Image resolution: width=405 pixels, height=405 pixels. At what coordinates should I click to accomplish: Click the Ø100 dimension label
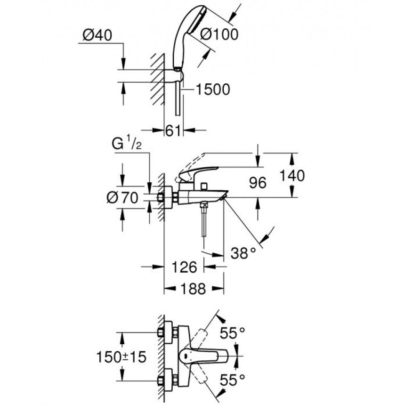point(219,34)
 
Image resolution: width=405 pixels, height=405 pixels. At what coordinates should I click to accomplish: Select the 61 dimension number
point(173,131)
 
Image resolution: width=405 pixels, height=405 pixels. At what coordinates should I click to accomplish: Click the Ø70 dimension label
point(122,198)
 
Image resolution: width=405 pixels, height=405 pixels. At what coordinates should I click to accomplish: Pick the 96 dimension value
point(258,183)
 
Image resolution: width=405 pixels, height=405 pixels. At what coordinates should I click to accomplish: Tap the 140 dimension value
point(292,176)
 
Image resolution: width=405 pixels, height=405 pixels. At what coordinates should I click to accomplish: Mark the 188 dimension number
point(193,289)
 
